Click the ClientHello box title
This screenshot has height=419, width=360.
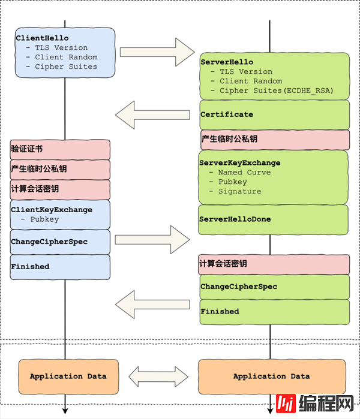click(42, 38)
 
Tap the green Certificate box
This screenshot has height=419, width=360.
click(274, 114)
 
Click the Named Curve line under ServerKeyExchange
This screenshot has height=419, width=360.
click(244, 172)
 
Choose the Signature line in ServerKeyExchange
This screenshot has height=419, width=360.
click(239, 191)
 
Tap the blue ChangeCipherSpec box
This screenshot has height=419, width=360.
click(60, 242)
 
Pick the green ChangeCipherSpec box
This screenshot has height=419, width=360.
click(274, 287)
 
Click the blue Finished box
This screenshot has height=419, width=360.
click(60, 266)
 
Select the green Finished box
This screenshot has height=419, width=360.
click(274, 312)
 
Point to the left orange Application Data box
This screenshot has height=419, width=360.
click(68, 376)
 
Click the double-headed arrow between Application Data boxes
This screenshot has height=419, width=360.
click(158, 377)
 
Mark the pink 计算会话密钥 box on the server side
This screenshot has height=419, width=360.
click(274, 264)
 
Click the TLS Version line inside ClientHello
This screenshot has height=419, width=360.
click(61, 47)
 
